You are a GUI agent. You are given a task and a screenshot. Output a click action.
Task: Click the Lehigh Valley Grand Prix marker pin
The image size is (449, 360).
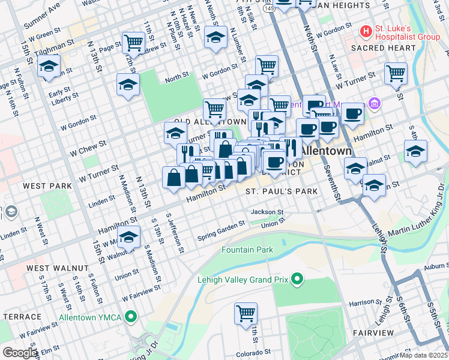coord(297,279)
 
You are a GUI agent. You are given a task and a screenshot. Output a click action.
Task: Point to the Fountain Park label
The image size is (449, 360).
coord(247,250)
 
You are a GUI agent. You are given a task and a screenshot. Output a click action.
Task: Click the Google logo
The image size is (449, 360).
coord(19,352)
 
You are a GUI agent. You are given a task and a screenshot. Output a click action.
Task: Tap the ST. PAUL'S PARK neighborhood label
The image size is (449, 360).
coord(281,191)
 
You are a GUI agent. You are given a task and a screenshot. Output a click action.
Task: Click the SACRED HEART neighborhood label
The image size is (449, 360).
coord(383,48)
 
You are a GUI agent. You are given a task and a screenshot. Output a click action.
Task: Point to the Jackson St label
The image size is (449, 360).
coord(267,212)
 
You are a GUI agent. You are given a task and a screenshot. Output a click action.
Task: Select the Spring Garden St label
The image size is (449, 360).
coord(221,232)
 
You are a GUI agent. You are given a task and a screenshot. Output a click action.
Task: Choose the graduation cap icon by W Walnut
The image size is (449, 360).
coord(128,238)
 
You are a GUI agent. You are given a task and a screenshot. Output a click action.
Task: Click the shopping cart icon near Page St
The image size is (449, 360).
coord(133,43)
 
